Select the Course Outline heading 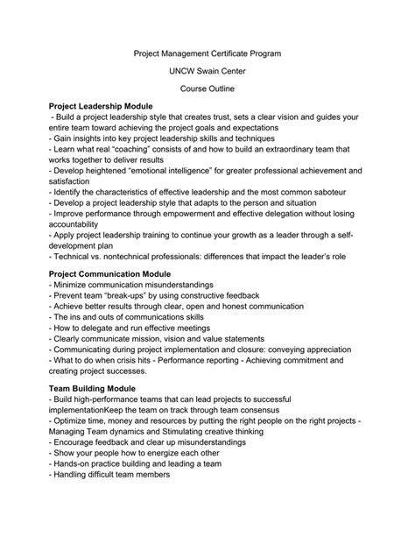click(x=207, y=88)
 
